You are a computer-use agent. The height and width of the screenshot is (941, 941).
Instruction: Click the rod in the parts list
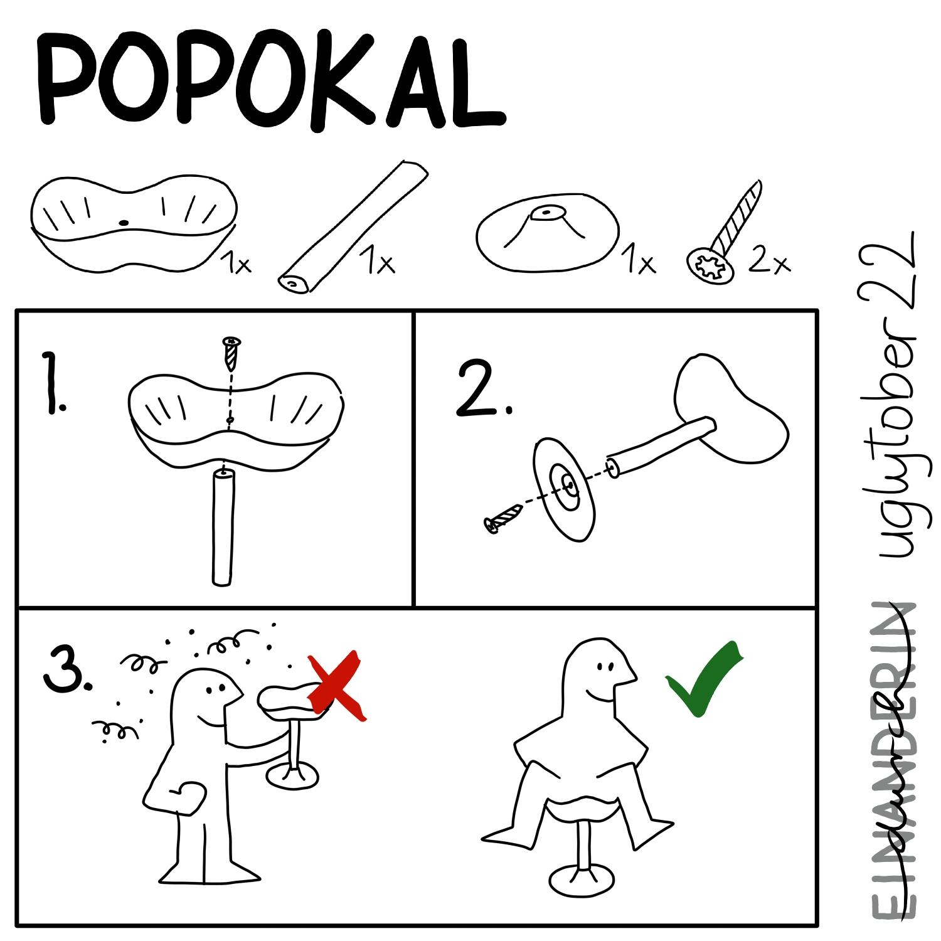click(354, 227)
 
